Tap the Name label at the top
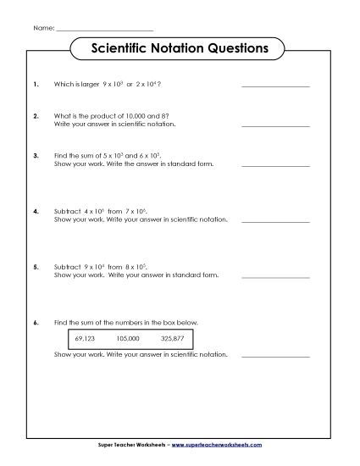(x=43, y=28)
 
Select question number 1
(x=35, y=85)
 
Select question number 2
(x=35, y=115)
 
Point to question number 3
(x=35, y=156)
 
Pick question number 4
(x=35, y=209)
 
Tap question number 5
(x=35, y=266)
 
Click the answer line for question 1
(x=275, y=86)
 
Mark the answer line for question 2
(x=275, y=125)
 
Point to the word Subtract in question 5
(x=68, y=266)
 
